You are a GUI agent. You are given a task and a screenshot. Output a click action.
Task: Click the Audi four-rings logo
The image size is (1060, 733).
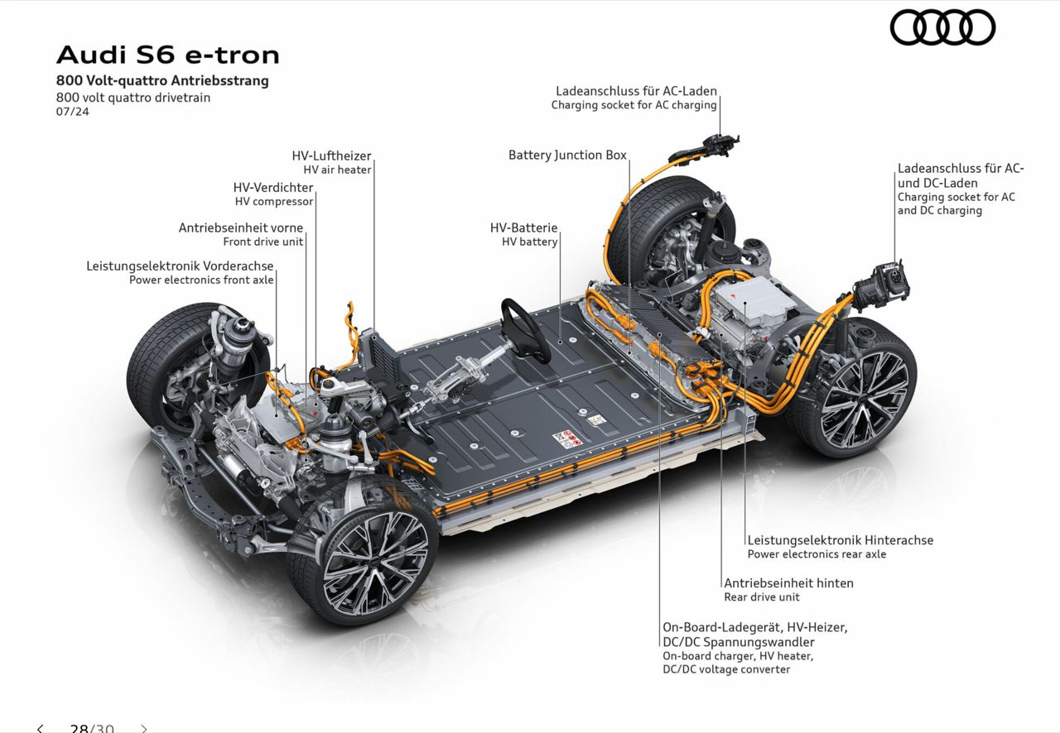pyautogui.click(x=942, y=28)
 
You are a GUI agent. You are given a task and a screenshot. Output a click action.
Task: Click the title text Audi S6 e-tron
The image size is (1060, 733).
pyautogui.click(x=168, y=55)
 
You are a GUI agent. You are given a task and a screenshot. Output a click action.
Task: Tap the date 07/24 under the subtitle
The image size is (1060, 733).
pyautogui.click(x=72, y=112)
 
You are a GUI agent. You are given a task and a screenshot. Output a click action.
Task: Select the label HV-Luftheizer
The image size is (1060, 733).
pyautogui.click(x=331, y=156)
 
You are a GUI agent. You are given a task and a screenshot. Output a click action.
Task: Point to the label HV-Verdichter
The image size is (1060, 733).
pyautogui.click(x=273, y=187)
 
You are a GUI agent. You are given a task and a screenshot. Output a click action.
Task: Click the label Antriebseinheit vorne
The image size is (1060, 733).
pyautogui.click(x=240, y=228)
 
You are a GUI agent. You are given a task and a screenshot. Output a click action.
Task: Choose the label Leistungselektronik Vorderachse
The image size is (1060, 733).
pyautogui.click(x=180, y=266)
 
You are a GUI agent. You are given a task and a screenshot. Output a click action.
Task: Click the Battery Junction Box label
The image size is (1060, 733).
pyautogui.click(x=567, y=155)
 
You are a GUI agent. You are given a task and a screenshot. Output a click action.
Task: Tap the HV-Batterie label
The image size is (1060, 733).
pyautogui.click(x=524, y=228)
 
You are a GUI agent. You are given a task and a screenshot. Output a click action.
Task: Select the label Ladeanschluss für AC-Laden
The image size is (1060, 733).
pyautogui.click(x=636, y=91)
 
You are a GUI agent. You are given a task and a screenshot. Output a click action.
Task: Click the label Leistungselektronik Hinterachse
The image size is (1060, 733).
pyautogui.click(x=841, y=540)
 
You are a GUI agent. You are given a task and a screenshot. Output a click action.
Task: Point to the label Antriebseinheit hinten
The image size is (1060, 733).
pyautogui.click(x=789, y=583)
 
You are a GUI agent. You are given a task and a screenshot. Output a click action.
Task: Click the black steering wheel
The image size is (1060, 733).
pyautogui.click(x=525, y=331)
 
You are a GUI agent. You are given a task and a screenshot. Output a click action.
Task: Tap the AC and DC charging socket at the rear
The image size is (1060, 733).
pyautogui.click(x=883, y=285)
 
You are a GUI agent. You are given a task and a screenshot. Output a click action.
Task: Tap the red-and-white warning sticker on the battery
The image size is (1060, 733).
pyautogui.click(x=567, y=438)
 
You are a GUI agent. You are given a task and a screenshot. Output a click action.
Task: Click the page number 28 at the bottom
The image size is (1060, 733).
pyautogui.click(x=79, y=728)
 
